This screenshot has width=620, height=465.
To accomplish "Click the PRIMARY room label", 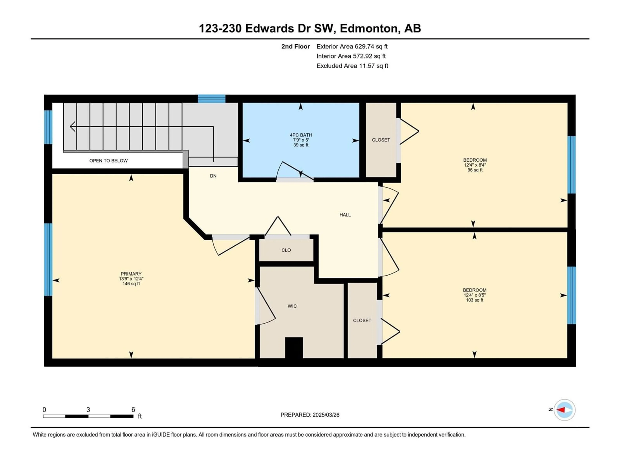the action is pos(131,274).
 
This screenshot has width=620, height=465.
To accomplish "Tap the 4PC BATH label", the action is pos(301,135).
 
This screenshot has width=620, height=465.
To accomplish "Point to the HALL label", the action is pos(345,215).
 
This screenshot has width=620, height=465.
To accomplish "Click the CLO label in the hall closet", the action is pos(286,250).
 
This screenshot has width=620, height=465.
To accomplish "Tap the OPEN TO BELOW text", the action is pos(108,161).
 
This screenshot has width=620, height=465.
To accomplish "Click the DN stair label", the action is pos(213,176).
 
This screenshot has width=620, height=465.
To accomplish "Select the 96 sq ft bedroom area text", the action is pos(475,170).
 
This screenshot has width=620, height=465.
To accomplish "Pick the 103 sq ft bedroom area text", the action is pos(475,300).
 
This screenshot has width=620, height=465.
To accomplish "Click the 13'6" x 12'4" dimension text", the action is pos(131,279).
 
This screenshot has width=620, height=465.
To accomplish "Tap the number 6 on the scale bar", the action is pos(133,409).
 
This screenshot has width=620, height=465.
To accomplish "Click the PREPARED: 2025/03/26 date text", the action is pos(310,415).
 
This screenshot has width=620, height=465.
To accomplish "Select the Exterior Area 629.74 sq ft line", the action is pos(352,46).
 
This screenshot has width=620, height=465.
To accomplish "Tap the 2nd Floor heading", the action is pos(295,46).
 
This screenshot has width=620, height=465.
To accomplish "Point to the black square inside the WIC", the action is pos(294,348).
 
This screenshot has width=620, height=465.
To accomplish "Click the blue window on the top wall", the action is pos(212,99).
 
